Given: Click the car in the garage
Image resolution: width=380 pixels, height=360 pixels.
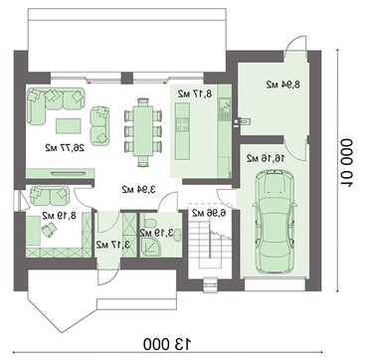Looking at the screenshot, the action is (x=274, y=221).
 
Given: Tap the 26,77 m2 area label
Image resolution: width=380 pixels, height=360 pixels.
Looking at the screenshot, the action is (x=65, y=147).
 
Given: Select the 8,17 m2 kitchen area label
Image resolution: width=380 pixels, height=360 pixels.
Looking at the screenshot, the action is (x=195, y=93).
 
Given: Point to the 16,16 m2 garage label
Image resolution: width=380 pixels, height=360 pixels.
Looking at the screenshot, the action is (x=266, y=158).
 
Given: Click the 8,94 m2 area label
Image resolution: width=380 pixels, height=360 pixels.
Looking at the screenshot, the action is (x=284, y=85).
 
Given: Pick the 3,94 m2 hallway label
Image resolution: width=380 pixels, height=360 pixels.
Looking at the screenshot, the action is (x=139, y=190).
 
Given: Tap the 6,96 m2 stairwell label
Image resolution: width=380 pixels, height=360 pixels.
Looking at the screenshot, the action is (x=209, y=213).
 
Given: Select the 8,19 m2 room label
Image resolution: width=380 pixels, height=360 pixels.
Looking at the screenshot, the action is (x=59, y=216).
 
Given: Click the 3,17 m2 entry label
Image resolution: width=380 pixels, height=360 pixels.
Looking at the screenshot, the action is (x=113, y=245).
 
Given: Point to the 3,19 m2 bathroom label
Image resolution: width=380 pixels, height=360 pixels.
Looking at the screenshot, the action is (x=156, y=233).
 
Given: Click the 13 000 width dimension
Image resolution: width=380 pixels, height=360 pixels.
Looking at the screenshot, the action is (x=168, y=344).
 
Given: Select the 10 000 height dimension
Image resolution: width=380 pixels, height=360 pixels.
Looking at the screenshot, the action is (x=347, y=163).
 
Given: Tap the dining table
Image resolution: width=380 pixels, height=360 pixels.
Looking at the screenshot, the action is (x=143, y=131).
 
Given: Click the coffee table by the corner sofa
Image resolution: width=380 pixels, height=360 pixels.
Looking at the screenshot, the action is (x=68, y=126).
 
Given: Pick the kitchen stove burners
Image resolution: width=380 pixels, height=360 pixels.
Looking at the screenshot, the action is (x=183, y=125).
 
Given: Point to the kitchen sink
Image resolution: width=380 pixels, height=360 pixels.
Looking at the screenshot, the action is (x=225, y=106).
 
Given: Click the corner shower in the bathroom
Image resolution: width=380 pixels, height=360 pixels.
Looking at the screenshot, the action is (x=149, y=248).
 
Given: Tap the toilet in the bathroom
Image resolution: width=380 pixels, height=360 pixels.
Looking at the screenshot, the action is (x=149, y=221).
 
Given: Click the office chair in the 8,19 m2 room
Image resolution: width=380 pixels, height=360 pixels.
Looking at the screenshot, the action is (x=49, y=230).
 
